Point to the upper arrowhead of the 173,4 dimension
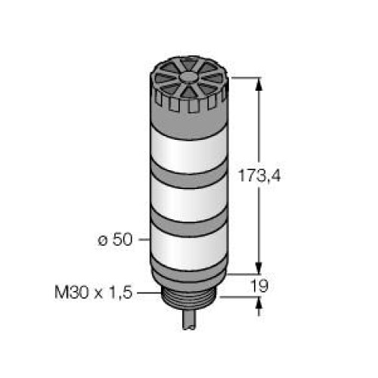tap(261, 84)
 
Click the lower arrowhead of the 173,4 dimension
tap(261, 268)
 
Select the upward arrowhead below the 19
tap(261, 303)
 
